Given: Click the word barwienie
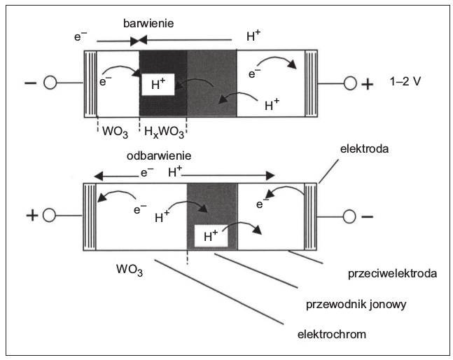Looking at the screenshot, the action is [148, 23].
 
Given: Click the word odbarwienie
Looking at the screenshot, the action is [159, 156].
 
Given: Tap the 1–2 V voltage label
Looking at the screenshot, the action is [405, 82].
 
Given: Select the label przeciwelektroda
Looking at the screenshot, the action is [392, 274].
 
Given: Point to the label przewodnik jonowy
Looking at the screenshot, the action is [356, 305].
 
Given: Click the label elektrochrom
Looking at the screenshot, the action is [332, 335].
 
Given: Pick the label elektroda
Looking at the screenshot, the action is [364, 149].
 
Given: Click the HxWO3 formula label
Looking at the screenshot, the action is [164, 132].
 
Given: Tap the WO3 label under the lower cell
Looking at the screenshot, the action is [130, 270].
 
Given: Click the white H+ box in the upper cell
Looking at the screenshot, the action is [158, 84].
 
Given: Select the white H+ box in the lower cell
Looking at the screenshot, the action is [211, 236].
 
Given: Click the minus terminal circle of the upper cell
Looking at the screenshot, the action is [50, 83].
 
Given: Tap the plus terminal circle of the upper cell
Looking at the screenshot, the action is [351, 83].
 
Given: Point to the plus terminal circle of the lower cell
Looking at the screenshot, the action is [49, 216].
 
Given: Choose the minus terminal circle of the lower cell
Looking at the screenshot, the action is [349, 216].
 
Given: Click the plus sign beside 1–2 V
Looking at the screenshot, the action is [368, 84].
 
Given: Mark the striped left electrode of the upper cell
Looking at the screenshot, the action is [90, 84].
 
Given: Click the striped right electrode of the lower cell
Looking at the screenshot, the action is [311, 216].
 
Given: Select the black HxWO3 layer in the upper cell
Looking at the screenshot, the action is [163, 84].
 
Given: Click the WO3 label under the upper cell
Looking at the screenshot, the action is [115, 132].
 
